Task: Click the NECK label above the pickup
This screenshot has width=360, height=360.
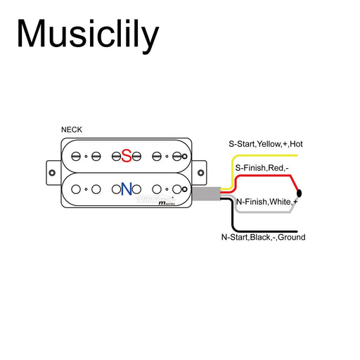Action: (x=72, y=130)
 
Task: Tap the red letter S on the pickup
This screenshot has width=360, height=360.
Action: (x=127, y=155)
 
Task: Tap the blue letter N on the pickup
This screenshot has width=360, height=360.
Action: (x=127, y=188)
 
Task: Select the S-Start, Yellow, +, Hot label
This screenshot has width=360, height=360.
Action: (x=265, y=143)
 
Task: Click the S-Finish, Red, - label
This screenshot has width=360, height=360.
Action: (x=262, y=168)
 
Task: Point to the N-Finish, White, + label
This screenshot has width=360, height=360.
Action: (x=267, y=202)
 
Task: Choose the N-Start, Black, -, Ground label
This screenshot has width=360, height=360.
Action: (x=263, y=238)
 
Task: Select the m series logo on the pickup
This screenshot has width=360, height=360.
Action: (x=168, y=202)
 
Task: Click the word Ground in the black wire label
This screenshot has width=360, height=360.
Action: (x=291, y=238)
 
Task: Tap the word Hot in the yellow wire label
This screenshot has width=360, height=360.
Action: (x=296, y=143)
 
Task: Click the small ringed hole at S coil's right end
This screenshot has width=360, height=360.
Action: (x=177, y=156)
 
